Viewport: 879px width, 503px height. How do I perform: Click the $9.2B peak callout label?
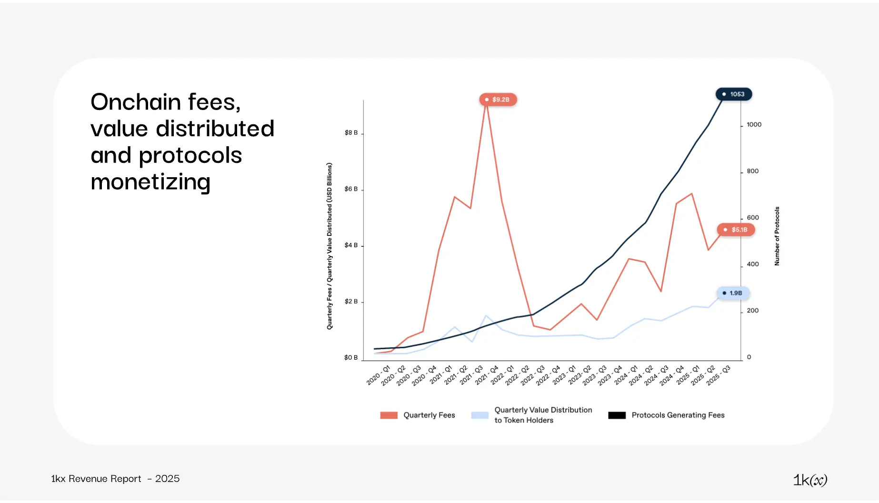click(x=498, y=100)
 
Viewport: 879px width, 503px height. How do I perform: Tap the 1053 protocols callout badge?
click(x=734, y=94)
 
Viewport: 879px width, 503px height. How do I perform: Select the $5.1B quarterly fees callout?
click(x=736, y=230)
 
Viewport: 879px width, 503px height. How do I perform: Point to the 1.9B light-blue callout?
click(x=733, y=293)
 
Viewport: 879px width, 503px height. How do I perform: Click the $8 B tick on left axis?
click(x=351, y=133)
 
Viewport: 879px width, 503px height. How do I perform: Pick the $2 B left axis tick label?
click(x=351, y=302)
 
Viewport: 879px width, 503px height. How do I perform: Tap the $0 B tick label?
click(x=351, y=358)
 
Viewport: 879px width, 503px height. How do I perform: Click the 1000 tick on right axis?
click(x=754, y=125)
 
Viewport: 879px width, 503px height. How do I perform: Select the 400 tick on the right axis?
click(x=753, y=264)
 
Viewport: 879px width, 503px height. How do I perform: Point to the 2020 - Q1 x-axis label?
click(x=379, y=375)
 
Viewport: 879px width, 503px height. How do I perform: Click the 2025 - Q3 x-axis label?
click(x=719, y=375)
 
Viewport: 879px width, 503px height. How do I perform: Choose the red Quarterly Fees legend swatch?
click(x=389, y=415)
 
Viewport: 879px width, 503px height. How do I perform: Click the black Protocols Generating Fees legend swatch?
click(x=617, y=415)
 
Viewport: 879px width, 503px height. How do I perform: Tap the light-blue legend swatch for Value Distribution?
click(x=479, y=415)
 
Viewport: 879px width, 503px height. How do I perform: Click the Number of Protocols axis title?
click(x=777, y=236)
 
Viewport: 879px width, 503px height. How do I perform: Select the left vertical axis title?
click(x=329, y=246)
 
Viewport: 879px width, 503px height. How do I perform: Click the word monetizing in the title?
click(x=150, y=182)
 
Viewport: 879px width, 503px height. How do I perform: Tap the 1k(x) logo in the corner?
click(x=810, y=480)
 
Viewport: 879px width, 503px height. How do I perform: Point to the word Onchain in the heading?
click(x=136, y=102)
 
